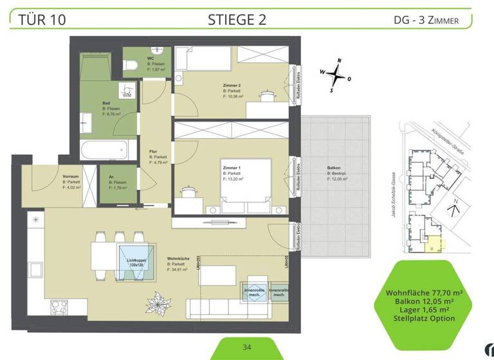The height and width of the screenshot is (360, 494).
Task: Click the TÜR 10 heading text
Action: [42, 19]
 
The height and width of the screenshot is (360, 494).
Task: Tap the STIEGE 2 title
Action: [237, 19]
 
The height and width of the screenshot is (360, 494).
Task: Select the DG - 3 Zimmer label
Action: [426, 20]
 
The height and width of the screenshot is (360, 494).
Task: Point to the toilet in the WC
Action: [131, 64]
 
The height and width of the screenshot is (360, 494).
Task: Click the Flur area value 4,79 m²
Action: [158, 163]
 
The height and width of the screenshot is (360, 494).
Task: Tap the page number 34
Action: [247, 347]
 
